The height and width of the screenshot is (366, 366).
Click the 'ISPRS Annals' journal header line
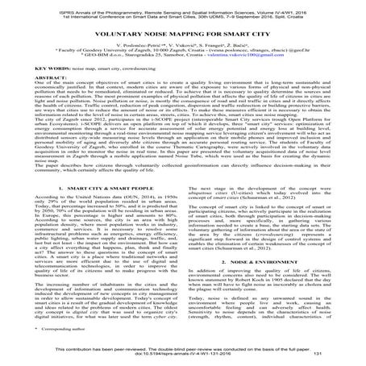[x=182, y=6]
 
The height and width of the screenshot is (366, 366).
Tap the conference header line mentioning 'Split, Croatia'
[x=182, y=11]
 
